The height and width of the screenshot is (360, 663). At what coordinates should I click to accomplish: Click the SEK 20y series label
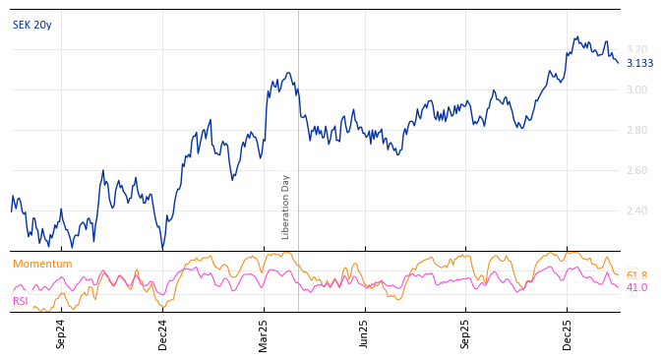(x=32, y=25)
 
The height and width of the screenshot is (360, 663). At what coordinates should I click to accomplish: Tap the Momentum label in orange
(x=42, y=264)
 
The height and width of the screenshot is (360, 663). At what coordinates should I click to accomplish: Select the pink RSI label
(x=21, y=301)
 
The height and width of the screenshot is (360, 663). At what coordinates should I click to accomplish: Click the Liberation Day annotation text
(x=286, y=207)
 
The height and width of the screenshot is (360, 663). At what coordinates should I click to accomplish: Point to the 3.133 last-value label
(x=639, y=63)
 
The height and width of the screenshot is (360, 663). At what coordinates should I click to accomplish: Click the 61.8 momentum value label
(x=636, y=275)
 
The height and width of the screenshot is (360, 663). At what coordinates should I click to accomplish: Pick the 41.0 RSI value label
(x=636, y=287)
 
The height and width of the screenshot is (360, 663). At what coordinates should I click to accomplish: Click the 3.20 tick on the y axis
(x=637, y=49)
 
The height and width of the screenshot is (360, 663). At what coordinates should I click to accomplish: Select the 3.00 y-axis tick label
(x=637, y=90)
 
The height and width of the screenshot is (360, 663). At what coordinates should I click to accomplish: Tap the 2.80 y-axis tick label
(x=637, y=130)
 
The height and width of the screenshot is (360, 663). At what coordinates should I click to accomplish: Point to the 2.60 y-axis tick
(x=637, y=170)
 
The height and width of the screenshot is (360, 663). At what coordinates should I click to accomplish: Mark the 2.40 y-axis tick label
(x=637, y=210)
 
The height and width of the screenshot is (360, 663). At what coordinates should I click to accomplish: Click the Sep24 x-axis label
(x=61, y=333)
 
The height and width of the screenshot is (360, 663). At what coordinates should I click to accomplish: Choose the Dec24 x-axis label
(x=163, y=333)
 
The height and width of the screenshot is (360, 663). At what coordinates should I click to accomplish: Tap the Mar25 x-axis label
(x=264, y=333)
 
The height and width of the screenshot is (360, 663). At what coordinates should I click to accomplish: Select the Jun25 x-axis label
(x=365, y=333)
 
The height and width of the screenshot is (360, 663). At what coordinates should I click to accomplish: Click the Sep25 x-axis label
(x=466, y=333)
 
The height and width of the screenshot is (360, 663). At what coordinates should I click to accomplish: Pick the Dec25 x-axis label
(x=568, y=333)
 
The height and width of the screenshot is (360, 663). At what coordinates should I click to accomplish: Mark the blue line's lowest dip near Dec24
(x=162, y=248)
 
